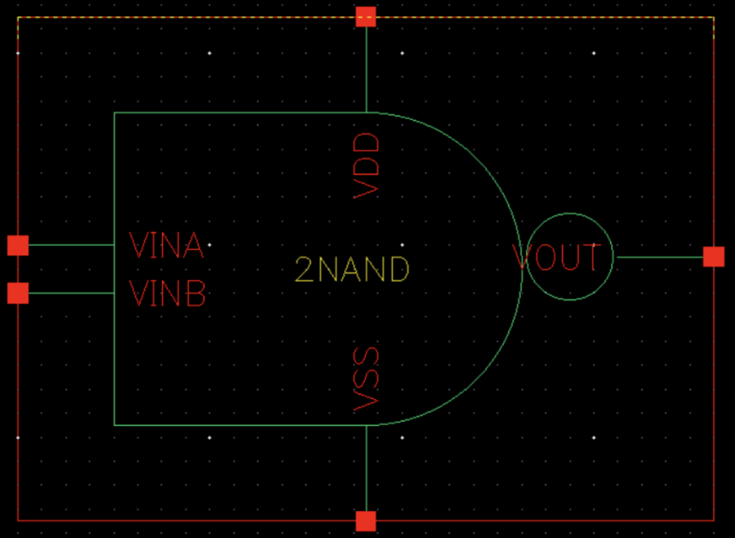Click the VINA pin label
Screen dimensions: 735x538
(166, 246)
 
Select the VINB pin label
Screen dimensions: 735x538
(167, 294)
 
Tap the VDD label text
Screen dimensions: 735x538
(367, 166)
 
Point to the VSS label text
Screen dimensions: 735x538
(367, 378)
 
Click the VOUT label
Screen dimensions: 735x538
(556, 258)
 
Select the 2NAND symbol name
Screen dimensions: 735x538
(351, 271)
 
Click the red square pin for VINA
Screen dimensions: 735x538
(18, 246)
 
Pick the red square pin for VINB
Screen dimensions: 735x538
(18, 293)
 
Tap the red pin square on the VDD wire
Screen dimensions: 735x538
(366, 16)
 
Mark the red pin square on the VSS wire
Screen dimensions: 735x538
(366, 521)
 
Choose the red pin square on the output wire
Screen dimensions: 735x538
(713, 257)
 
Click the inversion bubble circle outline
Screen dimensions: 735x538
(570, 214)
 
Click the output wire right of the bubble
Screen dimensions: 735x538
(659, 257)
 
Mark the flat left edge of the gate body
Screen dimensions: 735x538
(114, 364)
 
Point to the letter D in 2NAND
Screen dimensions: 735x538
(397, 271)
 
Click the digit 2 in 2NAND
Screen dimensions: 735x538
(304, 271)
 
